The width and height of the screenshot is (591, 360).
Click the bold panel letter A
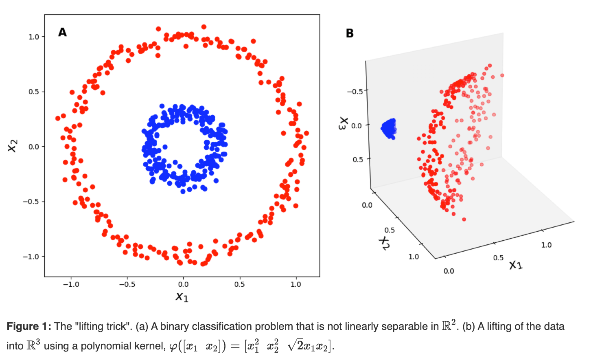point(62,32)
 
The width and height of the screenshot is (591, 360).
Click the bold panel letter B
point(350,33)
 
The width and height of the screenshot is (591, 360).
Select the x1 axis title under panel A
point(182,297)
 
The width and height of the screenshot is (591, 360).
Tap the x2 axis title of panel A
point(13,145)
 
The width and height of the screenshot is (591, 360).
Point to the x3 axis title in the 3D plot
point(344,123)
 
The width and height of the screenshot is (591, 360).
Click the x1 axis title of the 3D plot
point(516,265)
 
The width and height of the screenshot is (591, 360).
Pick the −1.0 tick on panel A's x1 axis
point(71,284)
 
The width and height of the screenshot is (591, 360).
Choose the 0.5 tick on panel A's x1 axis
point(239,284)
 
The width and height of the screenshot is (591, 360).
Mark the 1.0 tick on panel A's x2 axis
point(34,37)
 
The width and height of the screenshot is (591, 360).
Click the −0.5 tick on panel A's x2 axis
point(31,202)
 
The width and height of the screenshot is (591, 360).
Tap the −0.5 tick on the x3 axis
point(355,91)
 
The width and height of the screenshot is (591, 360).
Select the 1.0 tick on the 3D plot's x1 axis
point(546,245)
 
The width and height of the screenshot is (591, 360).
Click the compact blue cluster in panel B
point(389,129)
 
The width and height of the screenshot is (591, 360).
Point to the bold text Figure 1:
point(29,327)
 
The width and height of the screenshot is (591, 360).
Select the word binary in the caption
point(175,327)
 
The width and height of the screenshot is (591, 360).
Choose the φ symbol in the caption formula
point(173,347)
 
